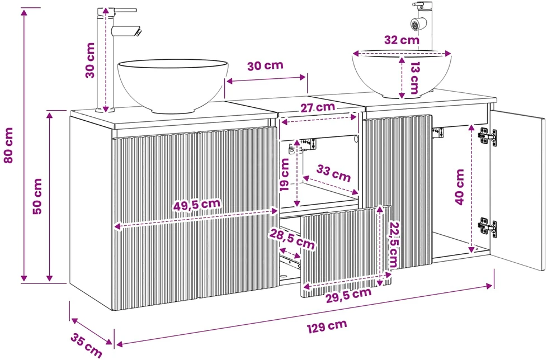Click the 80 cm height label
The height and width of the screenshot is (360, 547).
pos(8,145)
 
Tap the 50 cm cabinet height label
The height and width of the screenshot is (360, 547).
pos(37,196)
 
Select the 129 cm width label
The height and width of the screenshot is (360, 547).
pos(327,326)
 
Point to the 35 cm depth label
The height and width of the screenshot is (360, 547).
pos(86,345)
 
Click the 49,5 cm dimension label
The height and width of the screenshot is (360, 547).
pos(197,205)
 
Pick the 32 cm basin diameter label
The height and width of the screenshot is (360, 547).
pos(402,40)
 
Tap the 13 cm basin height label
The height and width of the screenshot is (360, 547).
pos(414,78)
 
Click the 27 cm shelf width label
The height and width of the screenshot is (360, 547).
pos(318,107)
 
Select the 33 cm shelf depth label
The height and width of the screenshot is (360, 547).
pos(333,173)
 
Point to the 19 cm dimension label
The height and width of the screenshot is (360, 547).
pos(285,174)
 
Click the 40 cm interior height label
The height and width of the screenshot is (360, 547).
pos(460,187)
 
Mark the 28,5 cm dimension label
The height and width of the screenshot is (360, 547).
pos(292,238)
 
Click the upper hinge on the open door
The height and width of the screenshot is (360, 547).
pos(487,136)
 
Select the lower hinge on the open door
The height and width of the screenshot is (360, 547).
pos(487,227)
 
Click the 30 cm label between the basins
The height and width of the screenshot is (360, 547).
pos(265,65)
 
